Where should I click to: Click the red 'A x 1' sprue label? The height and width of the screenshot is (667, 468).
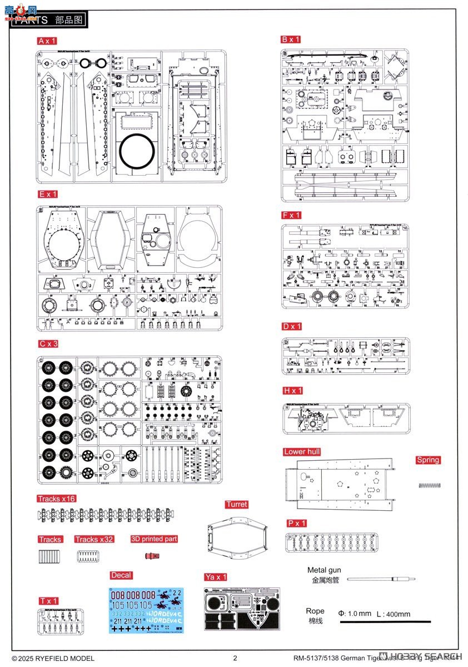(x=47, y=41)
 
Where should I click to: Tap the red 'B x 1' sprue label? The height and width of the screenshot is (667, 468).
(x=291, y=39)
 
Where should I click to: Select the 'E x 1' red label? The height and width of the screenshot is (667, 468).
(x=48, y=194)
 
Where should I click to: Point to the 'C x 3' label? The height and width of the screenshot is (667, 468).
(x=48, y=344)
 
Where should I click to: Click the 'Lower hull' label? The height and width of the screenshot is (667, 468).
(x=302, y=452)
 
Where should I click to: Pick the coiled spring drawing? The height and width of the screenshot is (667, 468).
(x=430, y=485)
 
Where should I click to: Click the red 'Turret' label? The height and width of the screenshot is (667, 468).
(x=236, y=505)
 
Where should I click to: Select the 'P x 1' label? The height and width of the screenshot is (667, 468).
(x=296, y=524)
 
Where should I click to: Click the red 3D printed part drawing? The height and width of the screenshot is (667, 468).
(x=149, y=555)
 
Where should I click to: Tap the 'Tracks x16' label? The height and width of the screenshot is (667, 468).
(x=56, y=499)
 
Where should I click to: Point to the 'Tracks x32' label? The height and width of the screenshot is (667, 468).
(x=94, y=539)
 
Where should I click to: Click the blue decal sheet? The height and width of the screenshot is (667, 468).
(x=146, y=610)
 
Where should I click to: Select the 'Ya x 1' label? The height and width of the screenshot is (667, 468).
(x=215, y=577)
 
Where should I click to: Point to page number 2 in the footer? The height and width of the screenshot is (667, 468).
(x=235, y=658)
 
